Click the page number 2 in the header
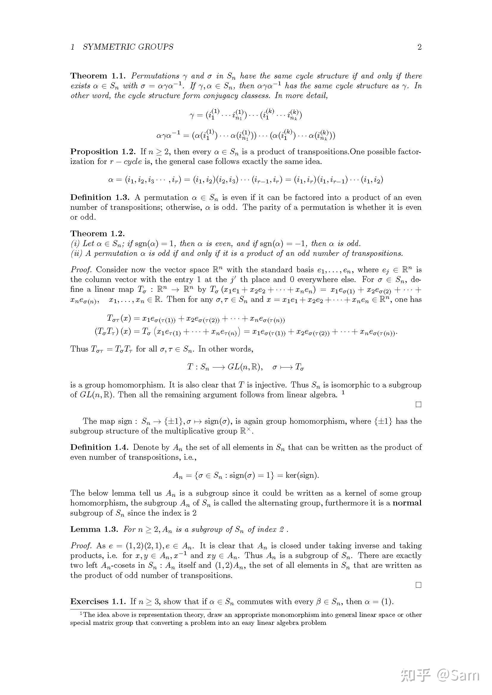(x=419, y=47)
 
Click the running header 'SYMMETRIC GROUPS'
(x=128, y=47)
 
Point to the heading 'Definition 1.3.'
(x=100, y=197)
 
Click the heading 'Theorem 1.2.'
(x=98, y=233)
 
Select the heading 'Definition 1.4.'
(x=100, y=447)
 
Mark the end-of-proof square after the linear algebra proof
(x=419, y=404)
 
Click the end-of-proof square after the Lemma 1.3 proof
(x=419, y=585)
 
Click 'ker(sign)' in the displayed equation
(x=302, y=475)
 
